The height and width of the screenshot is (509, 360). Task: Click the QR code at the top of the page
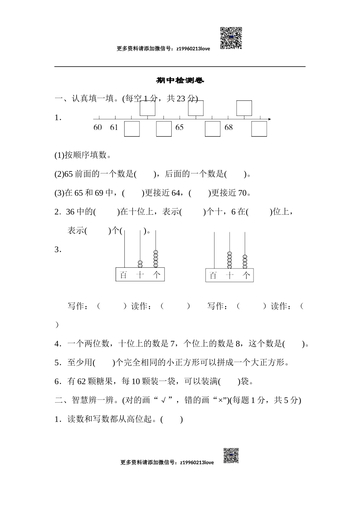[231, 38]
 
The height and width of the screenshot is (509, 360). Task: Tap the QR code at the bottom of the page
[231, 456]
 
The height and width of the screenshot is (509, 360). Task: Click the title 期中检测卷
[180, 81]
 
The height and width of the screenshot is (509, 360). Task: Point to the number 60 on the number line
[98, 128]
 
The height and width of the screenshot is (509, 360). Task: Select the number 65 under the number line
[179, 128]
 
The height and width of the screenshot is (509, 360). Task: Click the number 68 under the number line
[229, 128]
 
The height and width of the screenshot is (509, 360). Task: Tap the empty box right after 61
[132, 129]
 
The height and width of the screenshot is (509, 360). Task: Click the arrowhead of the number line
[269, 119]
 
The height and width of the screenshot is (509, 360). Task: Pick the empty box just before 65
[164, 129]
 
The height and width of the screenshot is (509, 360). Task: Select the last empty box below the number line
[259, 129]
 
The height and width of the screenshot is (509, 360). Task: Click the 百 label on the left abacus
[123, 275]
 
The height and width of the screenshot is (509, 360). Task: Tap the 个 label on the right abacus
[247, 276]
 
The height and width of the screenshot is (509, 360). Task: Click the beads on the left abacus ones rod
[155, 259]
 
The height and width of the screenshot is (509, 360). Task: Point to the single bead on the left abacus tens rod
[140, 264]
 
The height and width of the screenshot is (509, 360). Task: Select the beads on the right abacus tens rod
[229, 260]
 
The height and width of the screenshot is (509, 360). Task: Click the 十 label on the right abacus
[230, 276]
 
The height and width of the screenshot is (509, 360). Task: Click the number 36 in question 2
[70, 212]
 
